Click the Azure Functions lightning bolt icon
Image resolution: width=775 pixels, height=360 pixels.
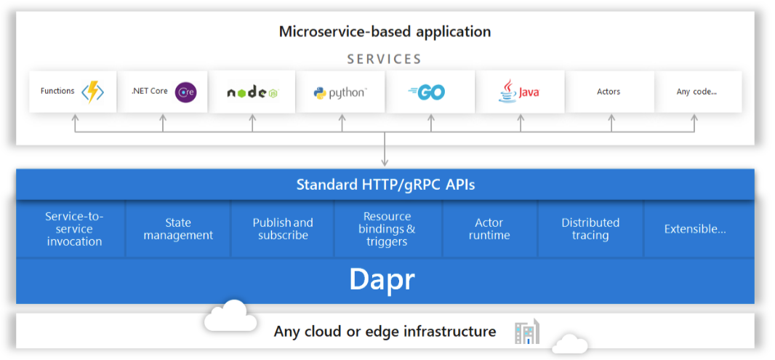pos(92,92)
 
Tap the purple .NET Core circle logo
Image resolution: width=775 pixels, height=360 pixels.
pos(186,92)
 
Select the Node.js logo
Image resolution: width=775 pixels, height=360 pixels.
pos(252,92)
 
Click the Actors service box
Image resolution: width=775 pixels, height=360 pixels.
pos(609,92)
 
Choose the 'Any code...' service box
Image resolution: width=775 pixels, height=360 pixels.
pos(696,92)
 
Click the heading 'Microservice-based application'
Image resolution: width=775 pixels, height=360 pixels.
pos(385,31)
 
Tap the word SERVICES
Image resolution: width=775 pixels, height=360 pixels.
pos(385,59)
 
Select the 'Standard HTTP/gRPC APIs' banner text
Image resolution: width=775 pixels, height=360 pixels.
pos(385,185)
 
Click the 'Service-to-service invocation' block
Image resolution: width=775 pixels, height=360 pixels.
pos(74,229)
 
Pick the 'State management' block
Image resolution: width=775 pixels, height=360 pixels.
pos(178,229)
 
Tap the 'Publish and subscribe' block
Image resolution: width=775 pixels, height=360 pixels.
pos(283,229)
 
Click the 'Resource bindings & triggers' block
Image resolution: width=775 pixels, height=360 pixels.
pos(387,229)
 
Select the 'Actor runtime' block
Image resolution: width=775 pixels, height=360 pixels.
pos(489,229)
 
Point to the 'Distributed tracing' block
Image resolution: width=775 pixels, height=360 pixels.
pos(590,229)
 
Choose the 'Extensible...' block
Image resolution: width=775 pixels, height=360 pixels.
pos(695,229)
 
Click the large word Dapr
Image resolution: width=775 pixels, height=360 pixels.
pos(382,279)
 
